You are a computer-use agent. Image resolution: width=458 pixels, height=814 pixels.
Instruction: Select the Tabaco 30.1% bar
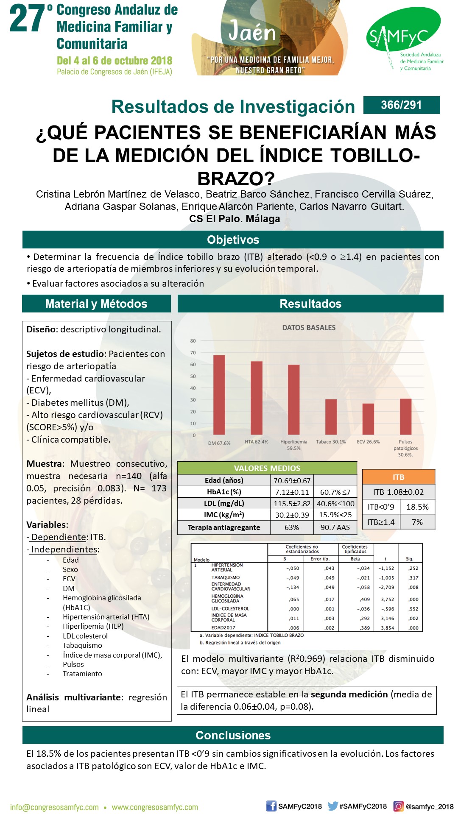click(331, 416)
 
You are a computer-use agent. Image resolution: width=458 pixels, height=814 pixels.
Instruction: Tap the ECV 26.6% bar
click(368, 418)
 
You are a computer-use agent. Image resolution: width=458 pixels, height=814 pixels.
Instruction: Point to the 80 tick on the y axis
click(193, 341)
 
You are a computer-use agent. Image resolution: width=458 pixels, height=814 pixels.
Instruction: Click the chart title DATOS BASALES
click(309, 328)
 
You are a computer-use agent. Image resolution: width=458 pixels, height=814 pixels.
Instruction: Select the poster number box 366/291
click(401, 105)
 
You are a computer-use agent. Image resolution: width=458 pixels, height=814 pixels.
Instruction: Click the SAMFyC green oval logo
click(403, 32)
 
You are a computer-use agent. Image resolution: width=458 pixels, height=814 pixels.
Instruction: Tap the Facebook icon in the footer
click(271, 806)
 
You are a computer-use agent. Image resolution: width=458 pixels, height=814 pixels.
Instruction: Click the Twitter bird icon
click(332, 806)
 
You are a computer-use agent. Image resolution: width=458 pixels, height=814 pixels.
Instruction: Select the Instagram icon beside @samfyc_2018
click(398, 806)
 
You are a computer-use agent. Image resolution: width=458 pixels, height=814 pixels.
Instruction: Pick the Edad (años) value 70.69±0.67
click(292, 480)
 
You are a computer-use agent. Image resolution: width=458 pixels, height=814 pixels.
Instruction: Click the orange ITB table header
click(399, 477)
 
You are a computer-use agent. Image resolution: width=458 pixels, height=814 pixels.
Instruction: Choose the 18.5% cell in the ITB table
click(417, 507)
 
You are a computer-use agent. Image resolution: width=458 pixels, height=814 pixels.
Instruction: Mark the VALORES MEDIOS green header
click(267, 468)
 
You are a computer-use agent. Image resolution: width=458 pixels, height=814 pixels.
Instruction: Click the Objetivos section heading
click(233, 240)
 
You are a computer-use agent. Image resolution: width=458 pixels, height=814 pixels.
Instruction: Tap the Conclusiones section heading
click(233, 735)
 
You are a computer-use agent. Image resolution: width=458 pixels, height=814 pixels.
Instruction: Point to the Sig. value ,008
click(413, 588)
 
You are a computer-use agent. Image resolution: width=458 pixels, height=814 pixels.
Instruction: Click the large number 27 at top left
click(28, 19)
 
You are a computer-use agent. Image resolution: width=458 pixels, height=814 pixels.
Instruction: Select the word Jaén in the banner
click(252, 32)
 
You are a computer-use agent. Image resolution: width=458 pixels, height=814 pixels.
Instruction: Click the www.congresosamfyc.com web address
click(155, 807)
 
